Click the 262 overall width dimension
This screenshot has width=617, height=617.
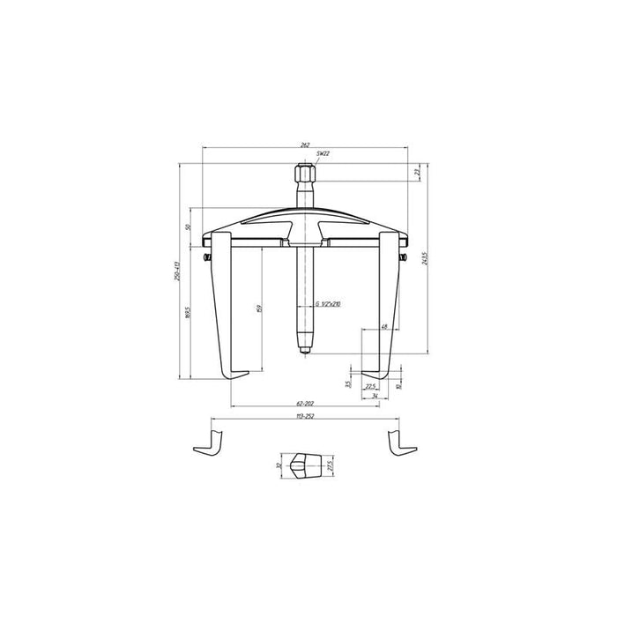(304, 144)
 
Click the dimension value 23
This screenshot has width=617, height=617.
(416, 174)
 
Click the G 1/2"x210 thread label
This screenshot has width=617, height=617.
(327, 303)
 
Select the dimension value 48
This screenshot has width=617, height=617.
(384, 327)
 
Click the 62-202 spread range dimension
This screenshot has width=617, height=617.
(304, 403)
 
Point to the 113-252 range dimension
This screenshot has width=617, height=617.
(304, 414)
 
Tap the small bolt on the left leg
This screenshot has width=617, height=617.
(206, 257)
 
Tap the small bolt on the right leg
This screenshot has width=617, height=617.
(403, 257)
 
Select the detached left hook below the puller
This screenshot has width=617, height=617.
(208, 442)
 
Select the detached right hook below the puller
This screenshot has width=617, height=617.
(401, 442)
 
